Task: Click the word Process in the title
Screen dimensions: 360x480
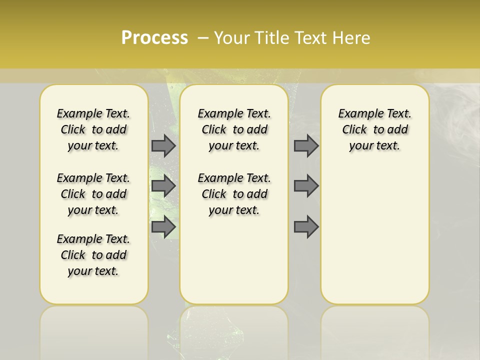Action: pos(154,37)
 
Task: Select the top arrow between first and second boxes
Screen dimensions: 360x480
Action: pos(163,145)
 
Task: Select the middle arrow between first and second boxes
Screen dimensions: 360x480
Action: pos(163,186)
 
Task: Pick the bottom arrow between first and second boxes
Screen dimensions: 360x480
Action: pos(163,227)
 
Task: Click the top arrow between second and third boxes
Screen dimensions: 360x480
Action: pos(306,145)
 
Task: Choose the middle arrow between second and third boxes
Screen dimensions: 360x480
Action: pos(306,186)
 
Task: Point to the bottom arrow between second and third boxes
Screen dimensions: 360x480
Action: pos(306,227)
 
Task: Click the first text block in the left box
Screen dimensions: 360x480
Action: pos(93,129)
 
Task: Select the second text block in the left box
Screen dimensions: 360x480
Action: pos(93,194)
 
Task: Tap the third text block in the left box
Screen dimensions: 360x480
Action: pos(93,255)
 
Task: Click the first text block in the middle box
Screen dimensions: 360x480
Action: pos(234,129)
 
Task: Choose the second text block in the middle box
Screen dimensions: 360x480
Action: pos(234,194)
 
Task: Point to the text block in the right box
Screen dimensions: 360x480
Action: pos(375,129)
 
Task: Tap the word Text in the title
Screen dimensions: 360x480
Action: pos(311,38)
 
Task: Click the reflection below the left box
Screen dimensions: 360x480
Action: pos(94,330)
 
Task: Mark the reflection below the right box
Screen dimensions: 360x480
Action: pos(375,330)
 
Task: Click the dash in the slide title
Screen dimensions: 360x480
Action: pos(202,38)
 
